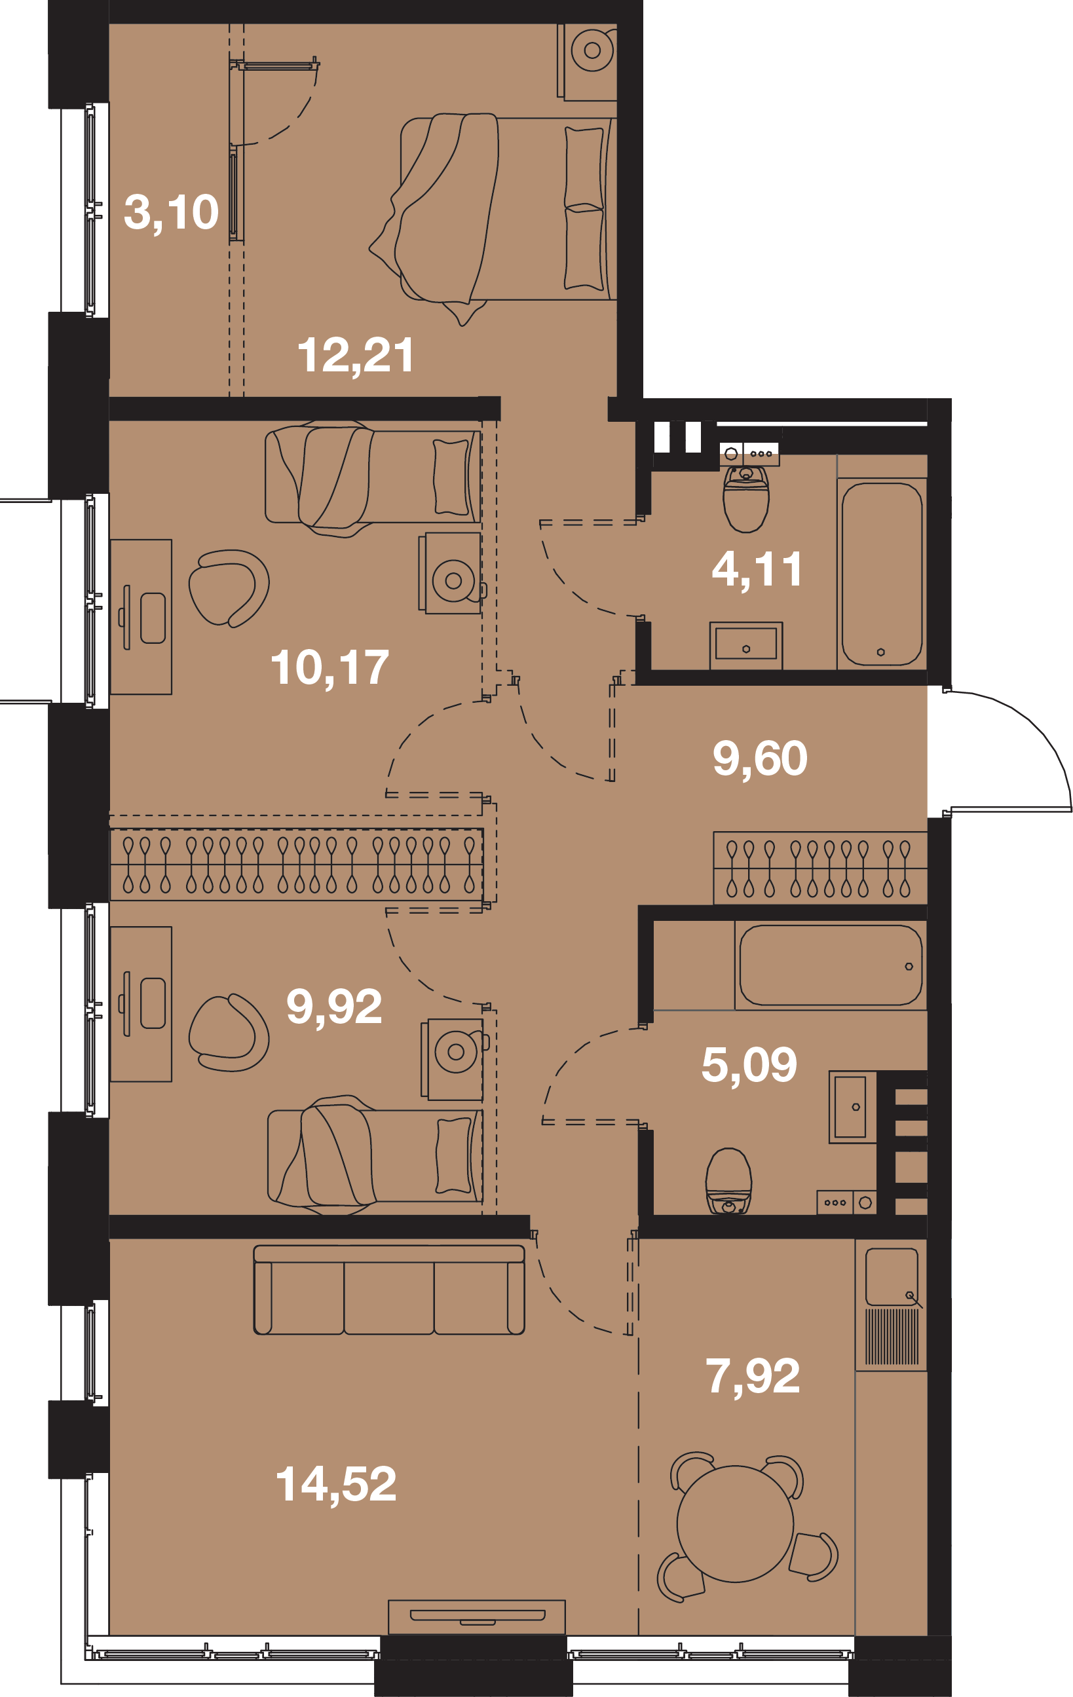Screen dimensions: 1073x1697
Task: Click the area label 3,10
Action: [x=172, y=212]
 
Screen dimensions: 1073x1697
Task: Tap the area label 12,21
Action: [x=356, y=355]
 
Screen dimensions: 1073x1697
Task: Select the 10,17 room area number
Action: [x=330, y=667]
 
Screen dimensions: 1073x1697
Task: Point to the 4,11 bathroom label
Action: [x=757, y=569]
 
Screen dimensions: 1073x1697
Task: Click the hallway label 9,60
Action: [x=760, y=758]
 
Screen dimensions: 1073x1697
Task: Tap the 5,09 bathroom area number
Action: [x=749, y=1064]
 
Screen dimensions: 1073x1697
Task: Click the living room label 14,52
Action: [x=335, y=1483]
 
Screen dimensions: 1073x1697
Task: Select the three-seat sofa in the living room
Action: [x=389, y=1290]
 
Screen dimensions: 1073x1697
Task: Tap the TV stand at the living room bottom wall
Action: [x=478, y=1616]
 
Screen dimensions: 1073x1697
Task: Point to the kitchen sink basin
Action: [x=892, y=1277]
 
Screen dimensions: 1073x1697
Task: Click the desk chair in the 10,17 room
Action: [x=229, y=588]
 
